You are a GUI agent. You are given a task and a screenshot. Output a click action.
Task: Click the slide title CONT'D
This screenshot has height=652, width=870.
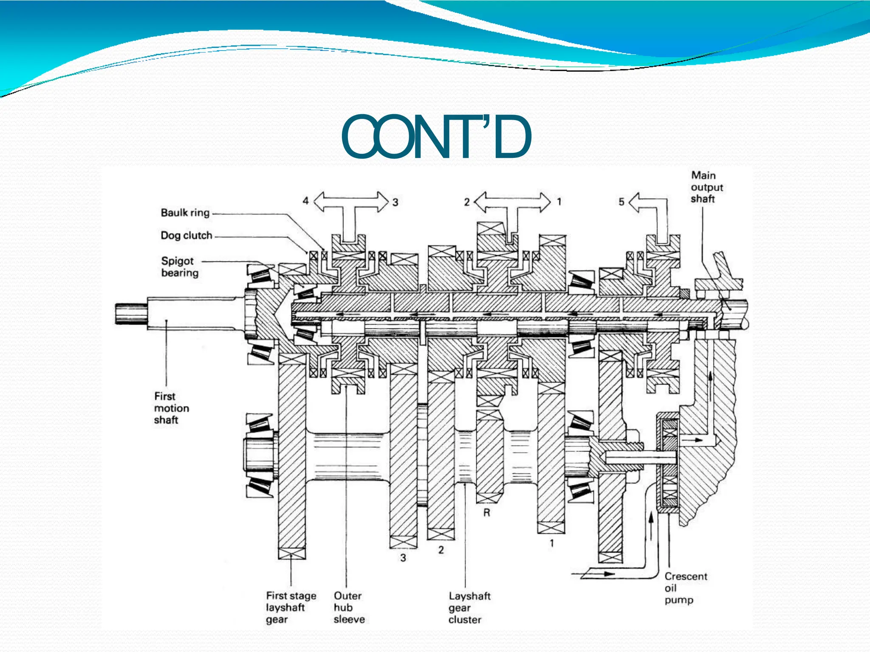[x=436, y=137]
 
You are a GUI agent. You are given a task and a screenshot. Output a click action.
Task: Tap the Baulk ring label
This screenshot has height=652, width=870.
[x=185, y=213]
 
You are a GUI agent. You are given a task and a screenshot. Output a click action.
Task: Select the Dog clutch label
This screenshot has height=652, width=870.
[x=186, y=236]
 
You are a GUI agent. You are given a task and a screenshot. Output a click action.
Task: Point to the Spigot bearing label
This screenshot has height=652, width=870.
[x=180, y=267]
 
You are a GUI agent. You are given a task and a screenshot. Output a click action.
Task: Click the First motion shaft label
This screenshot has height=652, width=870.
[x=171, y=408]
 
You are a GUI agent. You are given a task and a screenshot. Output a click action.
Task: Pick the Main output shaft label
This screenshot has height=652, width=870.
[x=706, y=187]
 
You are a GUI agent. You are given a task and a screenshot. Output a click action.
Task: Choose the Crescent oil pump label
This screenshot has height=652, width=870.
[x=686, y=588]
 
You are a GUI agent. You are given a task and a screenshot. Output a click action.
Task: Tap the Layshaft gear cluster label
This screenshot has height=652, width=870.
[x=469, y=608]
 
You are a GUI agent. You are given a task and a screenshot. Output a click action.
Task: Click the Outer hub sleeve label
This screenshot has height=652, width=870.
[x=349, y=607]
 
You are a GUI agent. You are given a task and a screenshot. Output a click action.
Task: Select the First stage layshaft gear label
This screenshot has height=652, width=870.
[x=291, y=607]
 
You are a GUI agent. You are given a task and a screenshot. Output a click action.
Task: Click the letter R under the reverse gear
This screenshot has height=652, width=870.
[x=487, y=513]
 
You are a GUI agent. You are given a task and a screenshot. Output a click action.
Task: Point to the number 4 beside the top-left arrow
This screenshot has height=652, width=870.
[x=305, y=201]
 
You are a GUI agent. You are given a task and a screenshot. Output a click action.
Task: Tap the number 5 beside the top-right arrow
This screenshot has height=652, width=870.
[x=621, y=202]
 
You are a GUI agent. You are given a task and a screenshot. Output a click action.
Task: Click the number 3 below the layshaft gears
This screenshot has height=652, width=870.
[x=403, y=558]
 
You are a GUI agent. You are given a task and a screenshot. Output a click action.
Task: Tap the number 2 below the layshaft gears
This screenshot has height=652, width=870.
[x=441, y=550]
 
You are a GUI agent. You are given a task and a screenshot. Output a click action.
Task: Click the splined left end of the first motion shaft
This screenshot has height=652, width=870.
[x=131, y=314]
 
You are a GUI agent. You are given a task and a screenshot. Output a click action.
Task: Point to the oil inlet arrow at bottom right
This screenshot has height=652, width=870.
[x=596, y=574]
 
